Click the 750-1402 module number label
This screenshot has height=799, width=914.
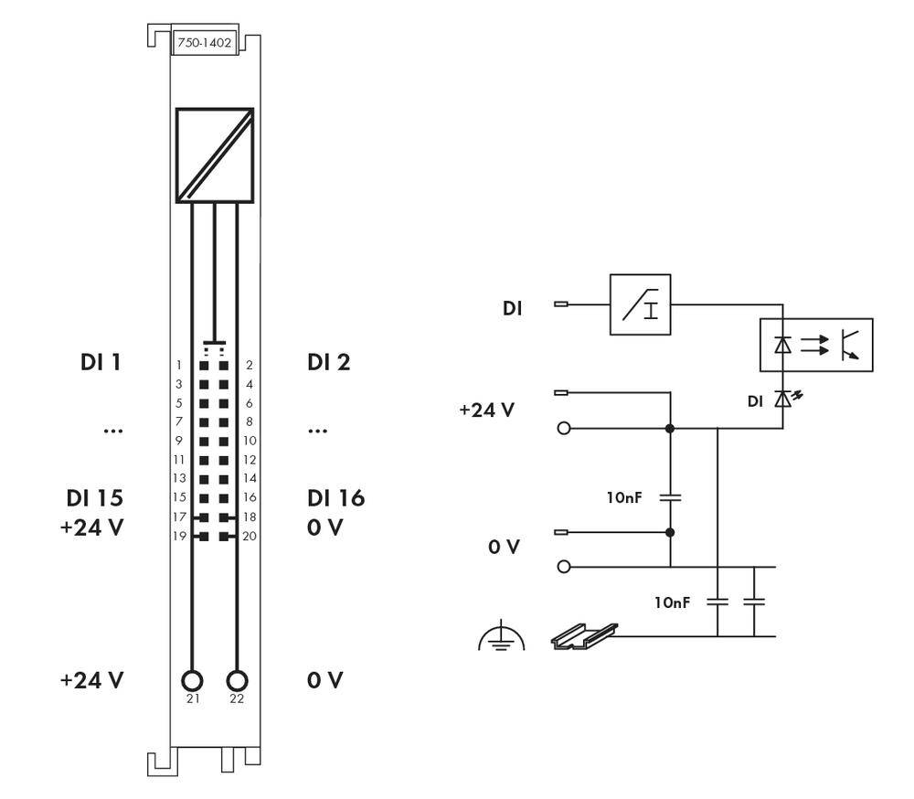pyautogui.click(x=203, y=43)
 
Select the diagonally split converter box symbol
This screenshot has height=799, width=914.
pyautogui.click(x=215, y=155)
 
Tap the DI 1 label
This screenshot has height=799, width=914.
pyautogui.click(x=100, y=362)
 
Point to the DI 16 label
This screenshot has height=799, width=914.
pyautogui.click(x=335, y=498)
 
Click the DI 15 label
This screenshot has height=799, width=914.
pyautogui.click(x=94, y=498)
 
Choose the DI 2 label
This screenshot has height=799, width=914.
pyautogui.click(x=329, y=362)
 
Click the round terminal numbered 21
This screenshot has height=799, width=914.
pyautogui.click(x=192, y=681)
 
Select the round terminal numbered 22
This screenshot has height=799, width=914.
pyautogui.click(x=237, y=681)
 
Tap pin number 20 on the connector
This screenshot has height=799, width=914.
pyautogui.click(x=250, y=536)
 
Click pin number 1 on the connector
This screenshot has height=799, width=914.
pyautogui.click(x=179, y=365)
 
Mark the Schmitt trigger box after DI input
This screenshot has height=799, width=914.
pyautogui.click(x=640, y=304)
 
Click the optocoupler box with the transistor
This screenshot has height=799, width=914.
pyautogui.click(x=816, y=345)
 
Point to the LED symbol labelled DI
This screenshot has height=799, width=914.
pyautogui.click(x=782, y=399)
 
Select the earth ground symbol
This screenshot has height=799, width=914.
pyautogui.click(x=501, y=637)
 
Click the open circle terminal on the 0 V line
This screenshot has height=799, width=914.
pyautogui.click(x=564, y=567)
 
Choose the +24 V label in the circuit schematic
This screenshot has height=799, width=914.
pyautogui.click(x=486, y=410)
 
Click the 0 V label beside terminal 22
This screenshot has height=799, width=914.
pyautogui.click(x=324, y=680)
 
